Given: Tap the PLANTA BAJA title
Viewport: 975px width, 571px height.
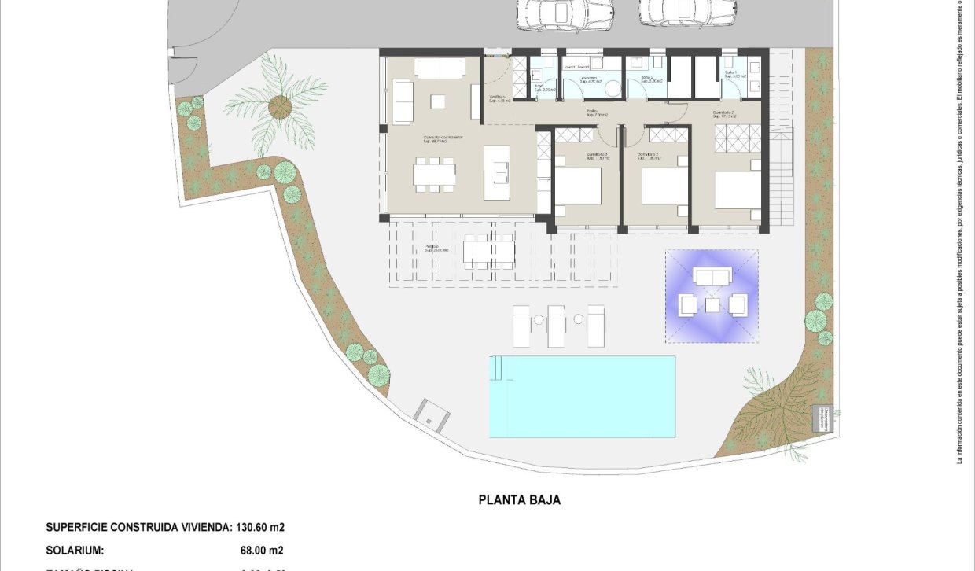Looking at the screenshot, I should [520, 499].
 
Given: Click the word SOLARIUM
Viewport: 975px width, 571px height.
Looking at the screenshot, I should [75, 551].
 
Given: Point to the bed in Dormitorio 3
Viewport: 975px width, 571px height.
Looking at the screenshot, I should [579, 187].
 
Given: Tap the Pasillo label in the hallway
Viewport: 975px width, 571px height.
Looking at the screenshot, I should [591, 112].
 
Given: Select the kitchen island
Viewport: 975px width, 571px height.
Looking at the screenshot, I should [497, 172].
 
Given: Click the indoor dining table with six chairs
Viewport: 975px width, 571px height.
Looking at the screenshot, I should [435, 174].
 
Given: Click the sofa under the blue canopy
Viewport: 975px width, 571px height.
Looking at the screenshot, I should [712, 276].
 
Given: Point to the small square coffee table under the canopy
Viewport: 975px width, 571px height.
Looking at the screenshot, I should [712, 304].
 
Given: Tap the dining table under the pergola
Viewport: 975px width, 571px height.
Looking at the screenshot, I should [488, 250].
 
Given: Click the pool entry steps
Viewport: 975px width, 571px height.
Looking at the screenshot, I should [497, 368].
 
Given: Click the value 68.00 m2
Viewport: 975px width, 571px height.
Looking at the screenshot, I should [261, 551].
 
